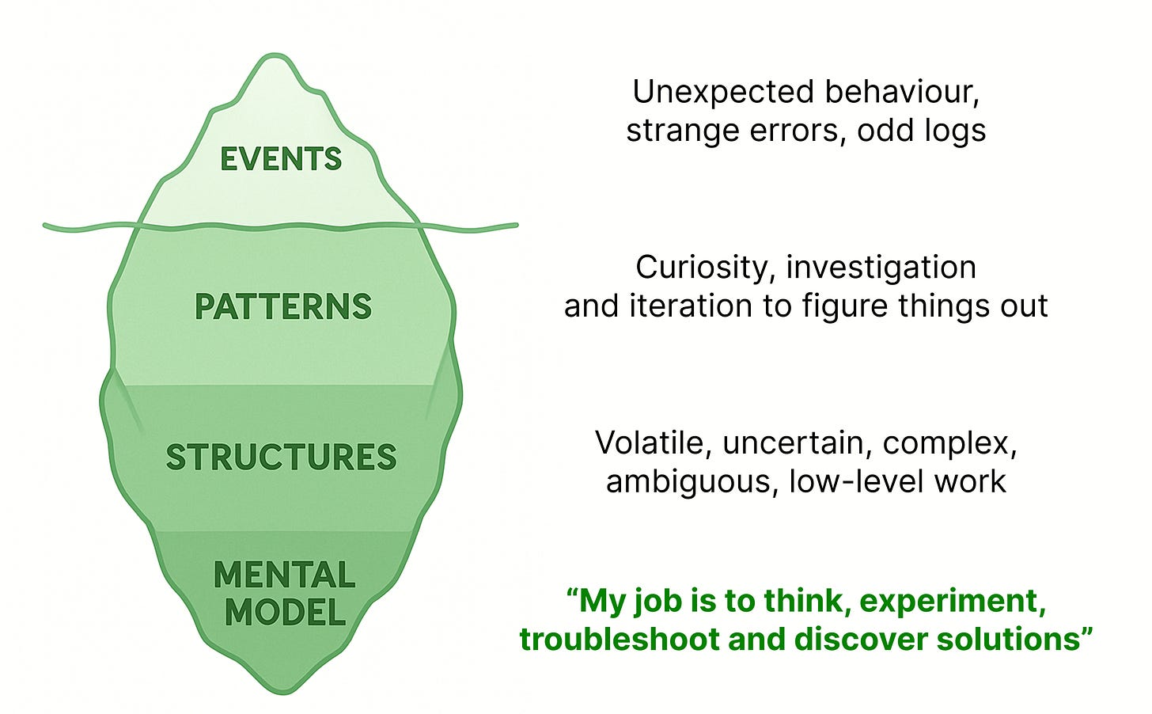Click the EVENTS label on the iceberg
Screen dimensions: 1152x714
click(281, 159)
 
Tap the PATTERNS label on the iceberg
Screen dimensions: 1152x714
click(283, 307)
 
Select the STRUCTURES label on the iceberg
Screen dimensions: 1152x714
click(281, 458)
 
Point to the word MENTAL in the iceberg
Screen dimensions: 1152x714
click(285, 575)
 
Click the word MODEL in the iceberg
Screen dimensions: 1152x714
click(285, 613)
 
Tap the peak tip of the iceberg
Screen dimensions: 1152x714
click(275, 57)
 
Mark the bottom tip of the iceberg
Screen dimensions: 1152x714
click(282, 693)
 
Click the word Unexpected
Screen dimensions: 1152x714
click(723, 93)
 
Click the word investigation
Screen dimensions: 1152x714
click(881, 268)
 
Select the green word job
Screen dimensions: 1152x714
click(655, 602)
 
